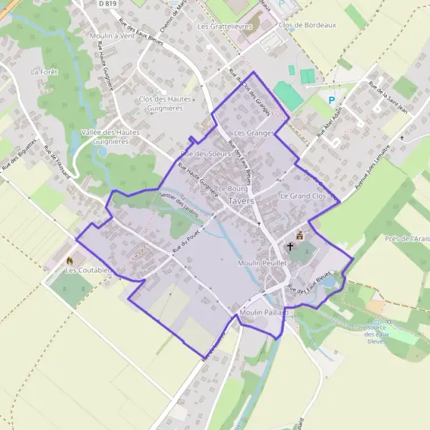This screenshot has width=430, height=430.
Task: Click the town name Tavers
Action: tap(242, 201)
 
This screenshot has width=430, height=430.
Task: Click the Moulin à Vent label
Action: tap(112, 35)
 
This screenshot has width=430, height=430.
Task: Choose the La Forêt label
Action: tap(44, 72)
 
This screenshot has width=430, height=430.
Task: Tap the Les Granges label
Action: tap(254, 133)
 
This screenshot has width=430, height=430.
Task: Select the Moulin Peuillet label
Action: tap(262, 264)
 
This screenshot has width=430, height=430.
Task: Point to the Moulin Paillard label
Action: tap(264, 313)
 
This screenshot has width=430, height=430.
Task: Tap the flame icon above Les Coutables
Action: tap(70, 260)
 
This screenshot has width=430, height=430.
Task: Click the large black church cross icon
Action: tap(290, 247)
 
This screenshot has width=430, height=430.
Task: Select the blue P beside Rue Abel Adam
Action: tap(331, 100)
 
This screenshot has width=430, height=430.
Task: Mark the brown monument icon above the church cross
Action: tap(300, 234)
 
